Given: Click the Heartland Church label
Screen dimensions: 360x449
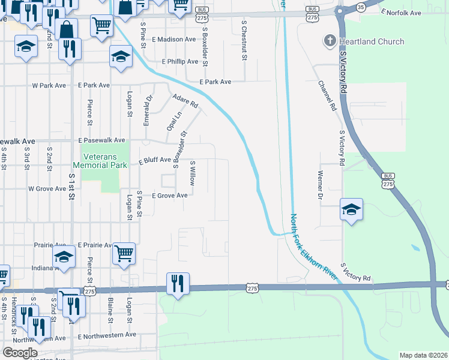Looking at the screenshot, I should point(371,41).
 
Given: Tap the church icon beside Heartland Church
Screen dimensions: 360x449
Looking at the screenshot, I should point(329,41).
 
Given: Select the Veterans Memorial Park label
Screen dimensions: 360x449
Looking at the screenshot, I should point(100,160).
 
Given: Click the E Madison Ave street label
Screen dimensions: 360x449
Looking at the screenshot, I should point(174,39).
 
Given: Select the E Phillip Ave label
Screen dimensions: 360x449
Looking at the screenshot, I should point(180,62).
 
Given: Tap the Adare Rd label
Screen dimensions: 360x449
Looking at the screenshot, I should point(184,101).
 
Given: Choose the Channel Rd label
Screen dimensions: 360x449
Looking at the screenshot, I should point(327,96).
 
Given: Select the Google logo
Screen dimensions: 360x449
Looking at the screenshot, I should point(20,353).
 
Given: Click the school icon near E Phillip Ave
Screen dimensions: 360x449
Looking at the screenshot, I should point(121,57).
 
